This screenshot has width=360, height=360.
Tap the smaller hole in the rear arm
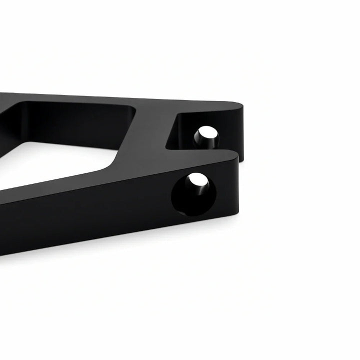(206, 136)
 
